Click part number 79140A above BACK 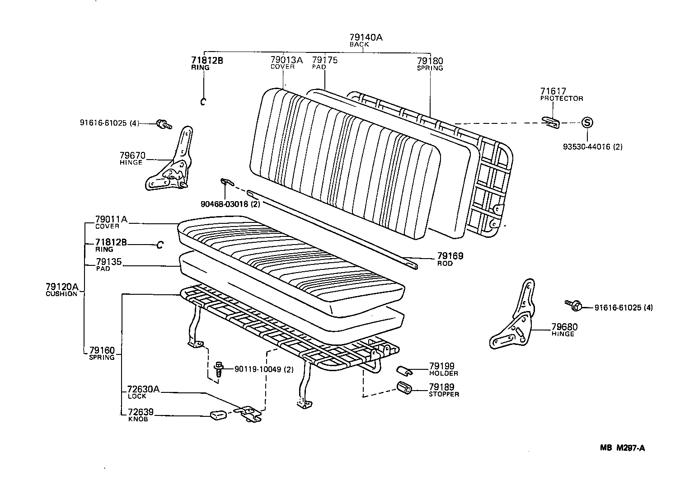(366, 38)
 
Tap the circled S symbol (586, 122)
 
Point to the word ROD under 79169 (445, 263)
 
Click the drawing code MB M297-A (622, 448)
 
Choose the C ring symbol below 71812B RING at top (203, 101)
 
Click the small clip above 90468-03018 (226, 182)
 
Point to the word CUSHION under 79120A (61, 294)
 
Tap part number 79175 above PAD (324, 60)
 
